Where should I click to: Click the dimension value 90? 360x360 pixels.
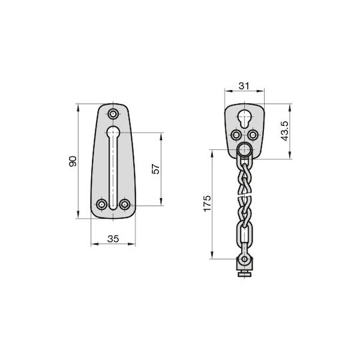tap(73, 161)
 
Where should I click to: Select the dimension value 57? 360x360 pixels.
tap(156, 169)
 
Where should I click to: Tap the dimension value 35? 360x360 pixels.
tap(113, 239)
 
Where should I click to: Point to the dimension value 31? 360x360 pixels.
tap(244, 86)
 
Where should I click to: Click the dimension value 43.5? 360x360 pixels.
tap(284, 131)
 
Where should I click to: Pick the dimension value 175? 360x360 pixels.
tap(207, 203)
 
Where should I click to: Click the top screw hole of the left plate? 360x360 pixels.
tap(113, 114)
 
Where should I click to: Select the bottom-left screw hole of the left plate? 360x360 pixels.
tap(101, 205)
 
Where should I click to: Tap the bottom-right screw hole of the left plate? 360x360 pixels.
tap(125, 205)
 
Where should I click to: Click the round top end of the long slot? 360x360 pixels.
tap(113, 132)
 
